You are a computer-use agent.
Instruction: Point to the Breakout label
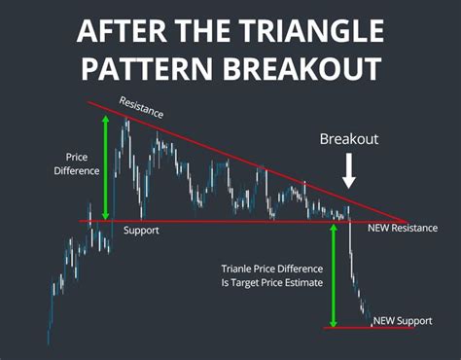(348, 140)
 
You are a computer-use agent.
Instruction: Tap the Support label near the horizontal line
(142, 232)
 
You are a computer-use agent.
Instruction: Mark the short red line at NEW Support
(370, 328)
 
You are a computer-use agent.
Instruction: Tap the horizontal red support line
(243, 222)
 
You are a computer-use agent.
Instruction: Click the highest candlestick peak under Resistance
(126, 121)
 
